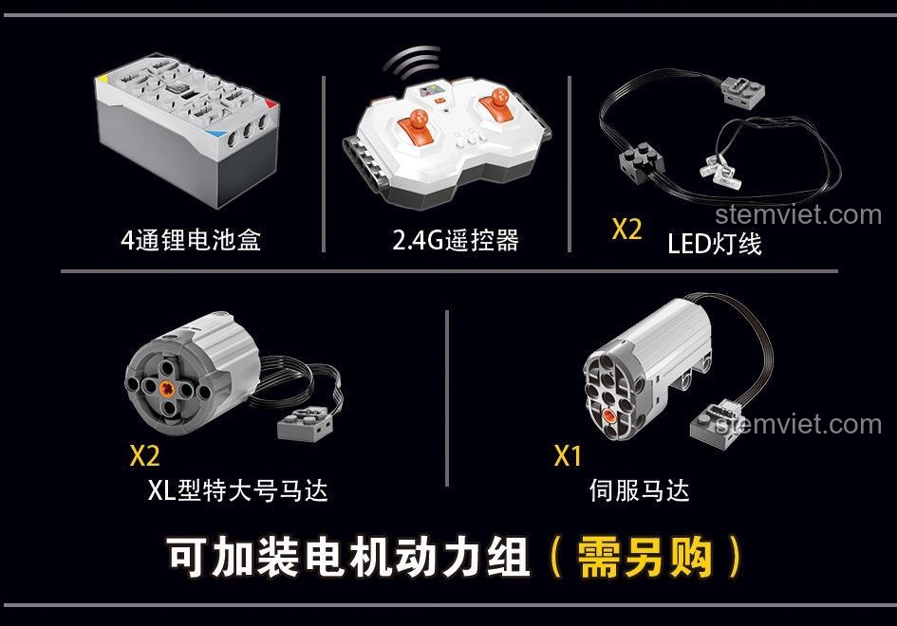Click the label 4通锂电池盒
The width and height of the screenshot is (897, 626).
click(x=191, y=240)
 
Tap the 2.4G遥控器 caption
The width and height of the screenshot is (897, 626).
click(x=456, y=240)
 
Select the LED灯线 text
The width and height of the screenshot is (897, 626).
click(x=715, y=244)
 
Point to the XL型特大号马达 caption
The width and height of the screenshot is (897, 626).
click(x=237, y=490)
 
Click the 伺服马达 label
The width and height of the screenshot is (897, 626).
click(x=639, y=490)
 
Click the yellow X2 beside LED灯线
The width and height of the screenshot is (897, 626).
click(x=627, y=229)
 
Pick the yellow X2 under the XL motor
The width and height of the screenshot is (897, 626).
click(x=144, y=455)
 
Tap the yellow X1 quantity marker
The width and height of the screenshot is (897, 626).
click(x=568, y=455)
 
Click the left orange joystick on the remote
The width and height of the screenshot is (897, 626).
click(x=417, y=127)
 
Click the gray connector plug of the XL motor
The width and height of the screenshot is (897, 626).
click(x=305, y=424)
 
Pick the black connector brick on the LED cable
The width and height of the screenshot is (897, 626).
click(x=642, y=161)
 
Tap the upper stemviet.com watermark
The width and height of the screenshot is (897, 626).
click(x=798, y=215)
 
